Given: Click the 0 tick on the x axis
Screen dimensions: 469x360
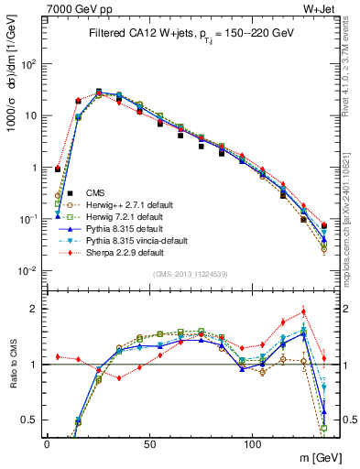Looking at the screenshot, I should [x=47, y=441].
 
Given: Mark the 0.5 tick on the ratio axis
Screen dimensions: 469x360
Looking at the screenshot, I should [x=30, y=420].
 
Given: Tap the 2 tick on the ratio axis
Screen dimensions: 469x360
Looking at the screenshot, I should [x=35, y=309].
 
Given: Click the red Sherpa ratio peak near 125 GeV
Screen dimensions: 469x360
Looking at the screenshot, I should [x=303, y=311].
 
